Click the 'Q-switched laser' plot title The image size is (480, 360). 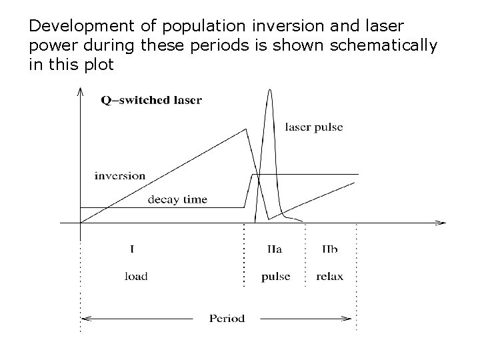tap(151, 101)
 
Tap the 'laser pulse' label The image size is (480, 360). tap(313, 127)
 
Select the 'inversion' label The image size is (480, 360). tap(120, 176)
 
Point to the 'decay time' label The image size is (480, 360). tap(177, 199)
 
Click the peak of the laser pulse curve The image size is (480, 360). tap(269, 90)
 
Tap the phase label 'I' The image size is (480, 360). tap(132, 250)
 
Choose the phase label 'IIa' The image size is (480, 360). tap(274, 250)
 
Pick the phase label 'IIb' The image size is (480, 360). tap(329, 250)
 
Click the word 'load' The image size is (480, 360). tap(135, 277)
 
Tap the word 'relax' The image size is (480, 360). tap(329, 277)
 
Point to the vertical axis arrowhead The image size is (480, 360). tap(80, 90)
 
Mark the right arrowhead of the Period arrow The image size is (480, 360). tap(351, 319)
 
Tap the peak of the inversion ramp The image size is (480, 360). tap(245, 129)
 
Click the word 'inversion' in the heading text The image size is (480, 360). tap(283, 27)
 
